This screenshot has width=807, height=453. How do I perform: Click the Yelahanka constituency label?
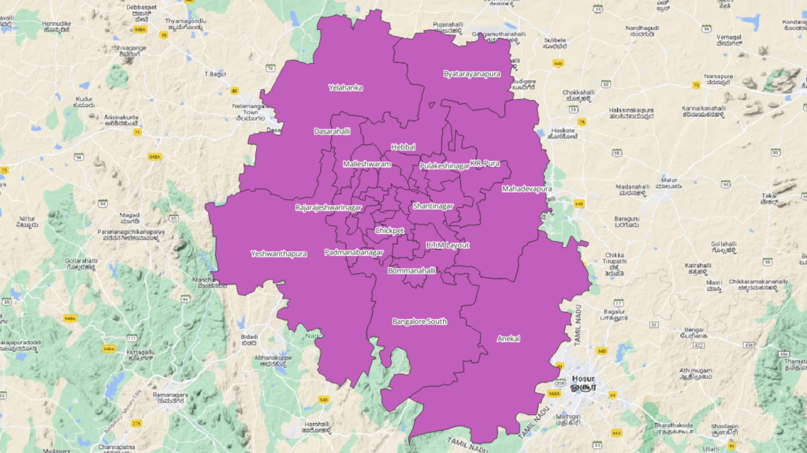(x=345, y=87)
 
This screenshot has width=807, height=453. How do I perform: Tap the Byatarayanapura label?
(x=471, y=73)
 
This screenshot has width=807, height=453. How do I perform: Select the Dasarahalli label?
(x=332, y=131)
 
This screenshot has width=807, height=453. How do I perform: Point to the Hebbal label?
(x=403, y=147)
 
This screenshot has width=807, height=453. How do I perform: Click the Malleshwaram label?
(x=366, y=164)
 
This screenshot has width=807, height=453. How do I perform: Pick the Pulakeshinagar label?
(x=444, y=166)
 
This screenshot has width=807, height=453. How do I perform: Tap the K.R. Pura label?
(x=485, y=163)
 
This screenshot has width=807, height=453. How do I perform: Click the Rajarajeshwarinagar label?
(x=328, y=207)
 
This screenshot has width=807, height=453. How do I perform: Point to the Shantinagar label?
(x=433, y=206)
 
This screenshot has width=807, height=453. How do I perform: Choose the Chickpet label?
(x=389, y=231)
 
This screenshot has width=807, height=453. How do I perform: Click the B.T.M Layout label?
(x=447, y=245)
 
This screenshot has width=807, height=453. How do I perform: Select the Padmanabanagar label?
(x=353, y=252)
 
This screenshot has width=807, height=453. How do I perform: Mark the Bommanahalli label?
(x=412, y=270)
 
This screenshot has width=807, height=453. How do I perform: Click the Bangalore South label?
(x=419, y=321)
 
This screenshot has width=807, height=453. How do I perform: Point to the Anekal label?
(x=509, y=338)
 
